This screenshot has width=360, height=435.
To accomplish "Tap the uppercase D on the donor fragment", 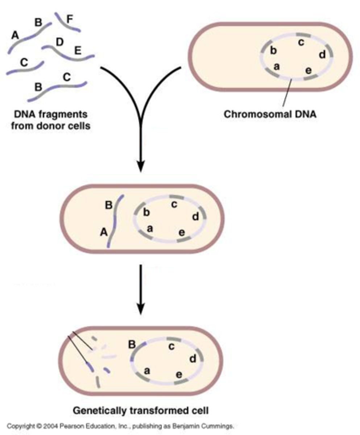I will pos(60,42).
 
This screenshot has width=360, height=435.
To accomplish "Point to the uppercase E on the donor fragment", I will pos(78,50).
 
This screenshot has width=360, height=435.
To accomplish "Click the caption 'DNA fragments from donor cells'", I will pos(50,119).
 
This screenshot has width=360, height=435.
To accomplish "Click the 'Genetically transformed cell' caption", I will pos(141,411).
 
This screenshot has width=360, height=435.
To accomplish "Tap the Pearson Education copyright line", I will pos(120,426).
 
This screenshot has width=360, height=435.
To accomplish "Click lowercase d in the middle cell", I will pos(195,217).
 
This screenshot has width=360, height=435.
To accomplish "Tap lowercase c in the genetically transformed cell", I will pos(171,347).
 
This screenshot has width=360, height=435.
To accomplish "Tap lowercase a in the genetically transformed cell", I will pos(147,370).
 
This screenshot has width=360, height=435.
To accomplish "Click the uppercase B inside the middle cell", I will pos(109,206).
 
